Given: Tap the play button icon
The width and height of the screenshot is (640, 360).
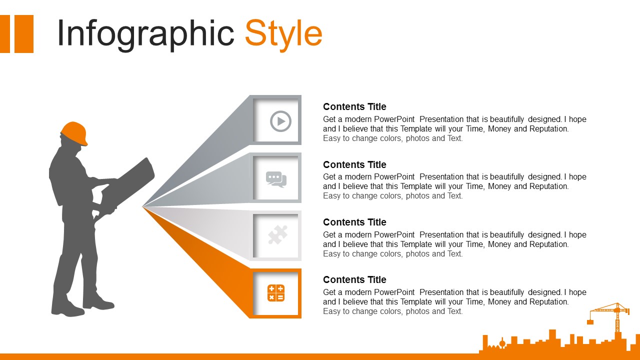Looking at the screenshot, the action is [x=280, y=121].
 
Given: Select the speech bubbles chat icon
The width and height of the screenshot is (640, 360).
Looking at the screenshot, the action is [x=276, y=179].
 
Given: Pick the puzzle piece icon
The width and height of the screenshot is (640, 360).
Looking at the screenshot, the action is [x=277, y=235].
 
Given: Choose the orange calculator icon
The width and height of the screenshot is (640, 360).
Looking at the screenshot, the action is [x=276, y=293].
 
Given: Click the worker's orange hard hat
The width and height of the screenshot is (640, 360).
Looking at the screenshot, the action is [x=74, y=133].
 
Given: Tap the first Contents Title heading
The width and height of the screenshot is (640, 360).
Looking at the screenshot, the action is [x=354, y=107].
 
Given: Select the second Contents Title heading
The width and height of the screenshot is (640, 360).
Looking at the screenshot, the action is [x=354, y=165].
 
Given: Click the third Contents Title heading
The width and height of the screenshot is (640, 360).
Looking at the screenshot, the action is [x=354, y=222].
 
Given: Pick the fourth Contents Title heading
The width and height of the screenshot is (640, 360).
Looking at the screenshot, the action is [x=354, y=279].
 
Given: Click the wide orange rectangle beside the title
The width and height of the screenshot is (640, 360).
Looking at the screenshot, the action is [x=24, y=34].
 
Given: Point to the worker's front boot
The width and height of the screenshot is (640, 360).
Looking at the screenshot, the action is [x=98, y=302].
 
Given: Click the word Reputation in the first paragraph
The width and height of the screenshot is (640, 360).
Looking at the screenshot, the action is [x=549, y=129].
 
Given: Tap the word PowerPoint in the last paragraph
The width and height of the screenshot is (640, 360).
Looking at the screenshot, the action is [x=394, y=292].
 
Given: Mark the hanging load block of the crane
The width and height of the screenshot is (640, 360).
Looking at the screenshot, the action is [x=590, y=322].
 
